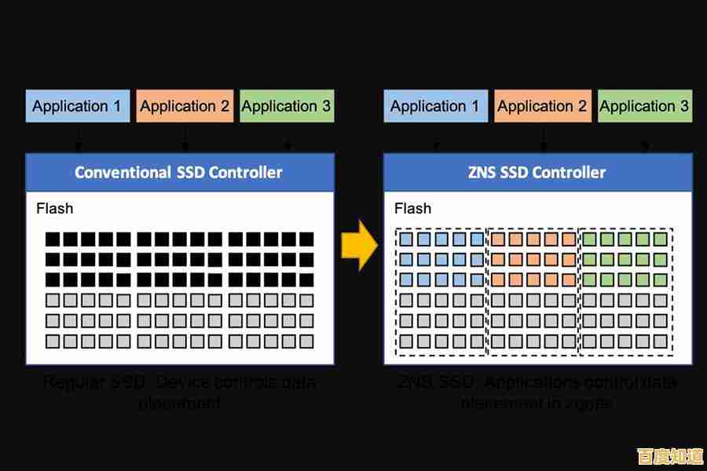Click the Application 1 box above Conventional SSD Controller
coord(77,106)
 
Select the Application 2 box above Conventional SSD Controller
coord(185,106)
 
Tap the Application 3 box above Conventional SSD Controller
coord(286,106)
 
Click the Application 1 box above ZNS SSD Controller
coord(435,106)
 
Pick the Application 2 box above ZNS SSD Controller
coord(542,106)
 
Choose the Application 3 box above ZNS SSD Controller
coord(644,106)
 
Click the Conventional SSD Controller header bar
coord(179,172)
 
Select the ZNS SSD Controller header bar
coord(537,172)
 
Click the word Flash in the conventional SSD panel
coord(55,209)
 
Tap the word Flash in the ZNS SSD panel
coord(412,209)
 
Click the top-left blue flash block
coord(406,239)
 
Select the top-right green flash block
coord(660,239)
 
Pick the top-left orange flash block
coord(497,239)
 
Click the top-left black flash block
coord(53,239)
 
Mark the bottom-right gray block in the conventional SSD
coord(306,342)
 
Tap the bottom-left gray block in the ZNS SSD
coord(406,342)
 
